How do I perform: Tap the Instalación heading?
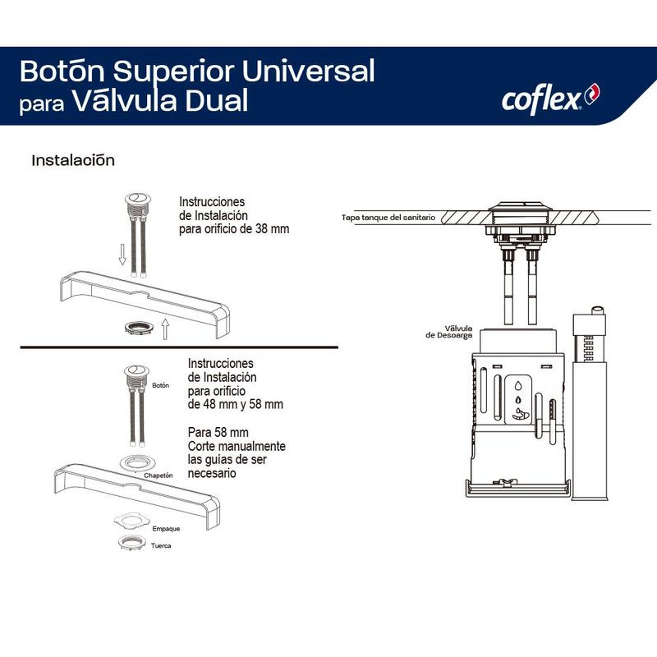72,159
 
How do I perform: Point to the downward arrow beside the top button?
122,255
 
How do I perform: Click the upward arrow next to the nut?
164,329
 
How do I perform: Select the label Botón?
160,384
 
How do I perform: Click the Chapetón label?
159,476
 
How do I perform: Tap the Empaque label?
166,528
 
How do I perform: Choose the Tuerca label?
160,546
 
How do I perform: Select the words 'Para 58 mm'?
217,432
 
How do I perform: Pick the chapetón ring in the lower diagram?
135,463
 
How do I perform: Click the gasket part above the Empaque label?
131,518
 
